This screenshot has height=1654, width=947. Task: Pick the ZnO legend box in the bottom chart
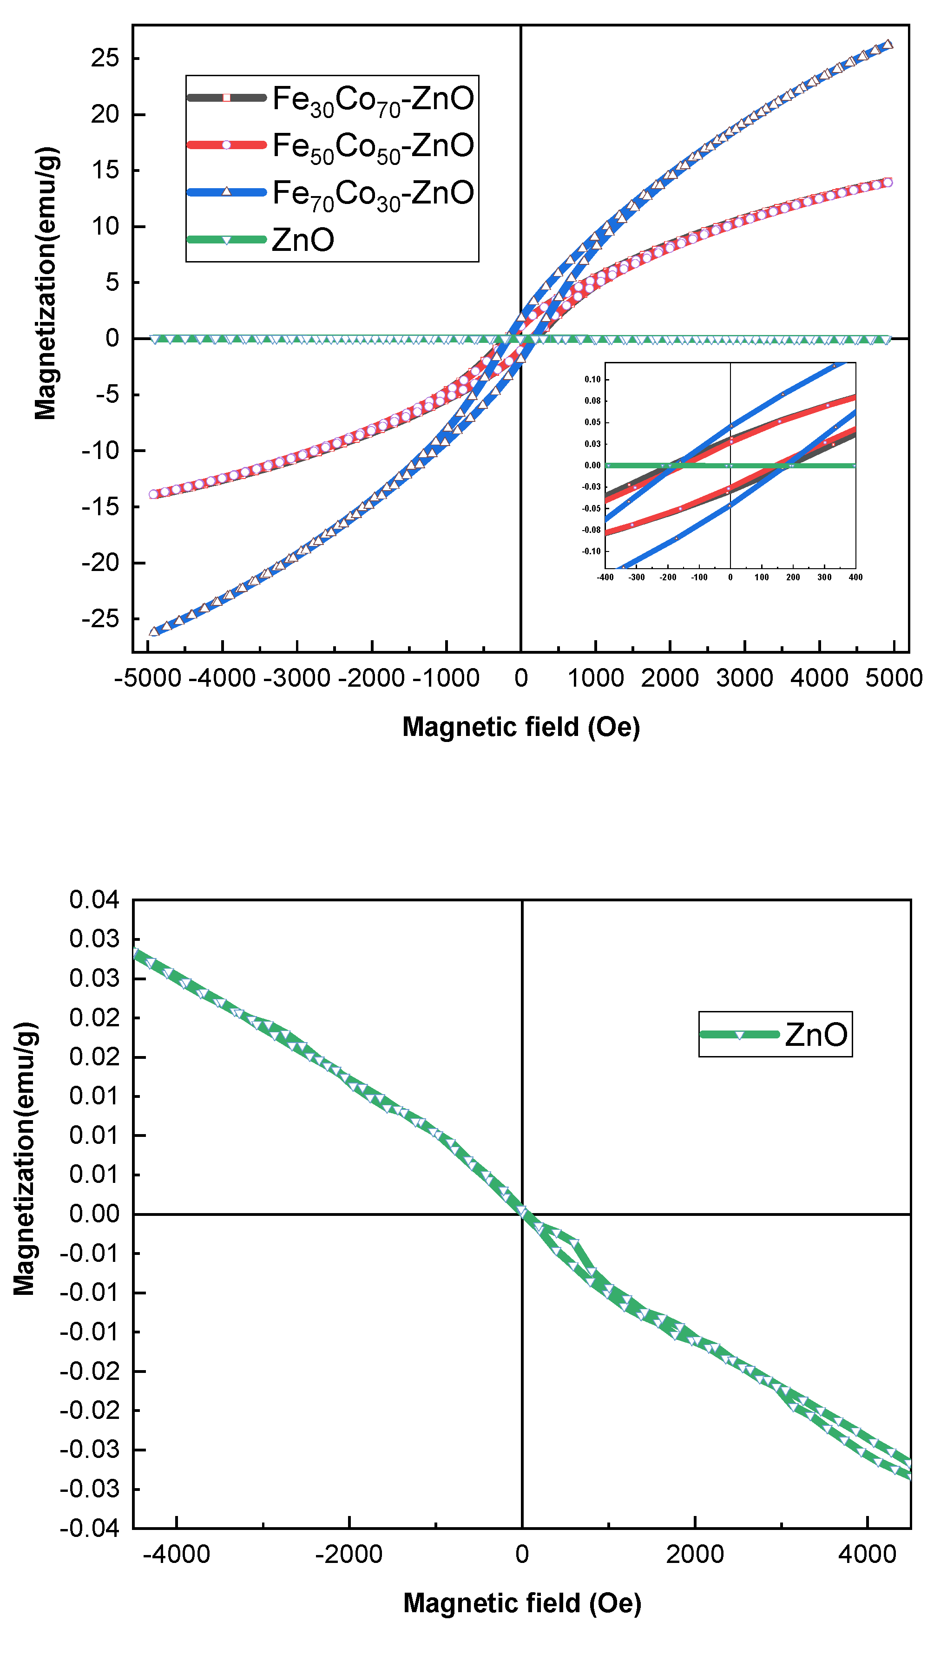[775, 1034]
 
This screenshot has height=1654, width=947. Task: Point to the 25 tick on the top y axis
[105, 59]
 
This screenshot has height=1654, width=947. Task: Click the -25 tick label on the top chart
[101, 619]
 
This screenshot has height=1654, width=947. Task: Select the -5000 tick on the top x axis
[148, 678]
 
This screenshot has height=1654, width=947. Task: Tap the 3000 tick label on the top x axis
[745, 678]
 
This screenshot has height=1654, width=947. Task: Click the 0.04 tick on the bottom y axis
[94, 900]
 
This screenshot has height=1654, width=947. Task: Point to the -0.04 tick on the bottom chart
[90, 1528]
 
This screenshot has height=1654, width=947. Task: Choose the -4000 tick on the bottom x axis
[176, 1555]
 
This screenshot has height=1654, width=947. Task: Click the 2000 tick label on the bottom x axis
[695, 1555]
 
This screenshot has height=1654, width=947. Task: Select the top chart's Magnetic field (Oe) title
[521, 727]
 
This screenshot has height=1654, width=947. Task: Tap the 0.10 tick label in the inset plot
[592, 379]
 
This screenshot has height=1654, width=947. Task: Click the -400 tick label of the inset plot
[605, 578]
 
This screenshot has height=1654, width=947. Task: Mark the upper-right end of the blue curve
[888, 44]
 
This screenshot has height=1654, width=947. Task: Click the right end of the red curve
[888, 182]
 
